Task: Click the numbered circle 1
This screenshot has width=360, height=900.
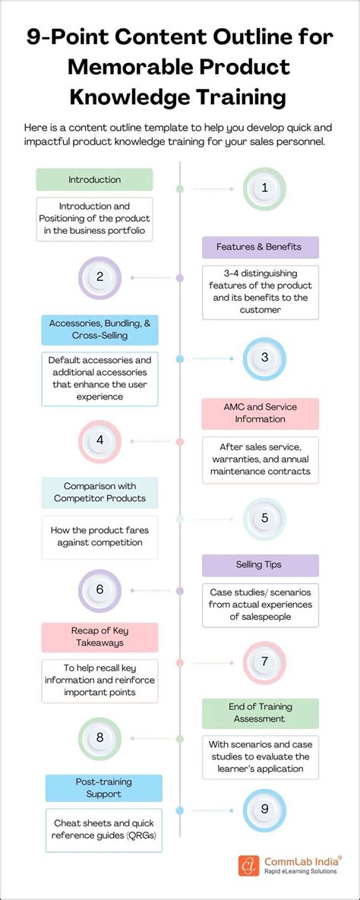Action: pos(264,188)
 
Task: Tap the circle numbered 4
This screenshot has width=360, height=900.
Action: pos(100,441)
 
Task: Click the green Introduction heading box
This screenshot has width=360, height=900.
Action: pos(94,180)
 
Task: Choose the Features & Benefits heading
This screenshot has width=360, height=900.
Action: pos(260,247)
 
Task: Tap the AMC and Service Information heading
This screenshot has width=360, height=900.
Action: pos(260,413)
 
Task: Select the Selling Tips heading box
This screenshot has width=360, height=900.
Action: pos(260,565)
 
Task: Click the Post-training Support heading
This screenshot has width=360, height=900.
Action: pos(104,788)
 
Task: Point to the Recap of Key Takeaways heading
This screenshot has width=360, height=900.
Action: pos(100,637)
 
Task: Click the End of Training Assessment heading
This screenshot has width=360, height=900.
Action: pos(260,713)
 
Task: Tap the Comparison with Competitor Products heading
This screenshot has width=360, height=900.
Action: pos(99,492)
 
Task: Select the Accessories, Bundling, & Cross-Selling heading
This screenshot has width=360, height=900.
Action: pos(99,330)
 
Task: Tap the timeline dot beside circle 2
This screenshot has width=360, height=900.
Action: pos(180,278)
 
